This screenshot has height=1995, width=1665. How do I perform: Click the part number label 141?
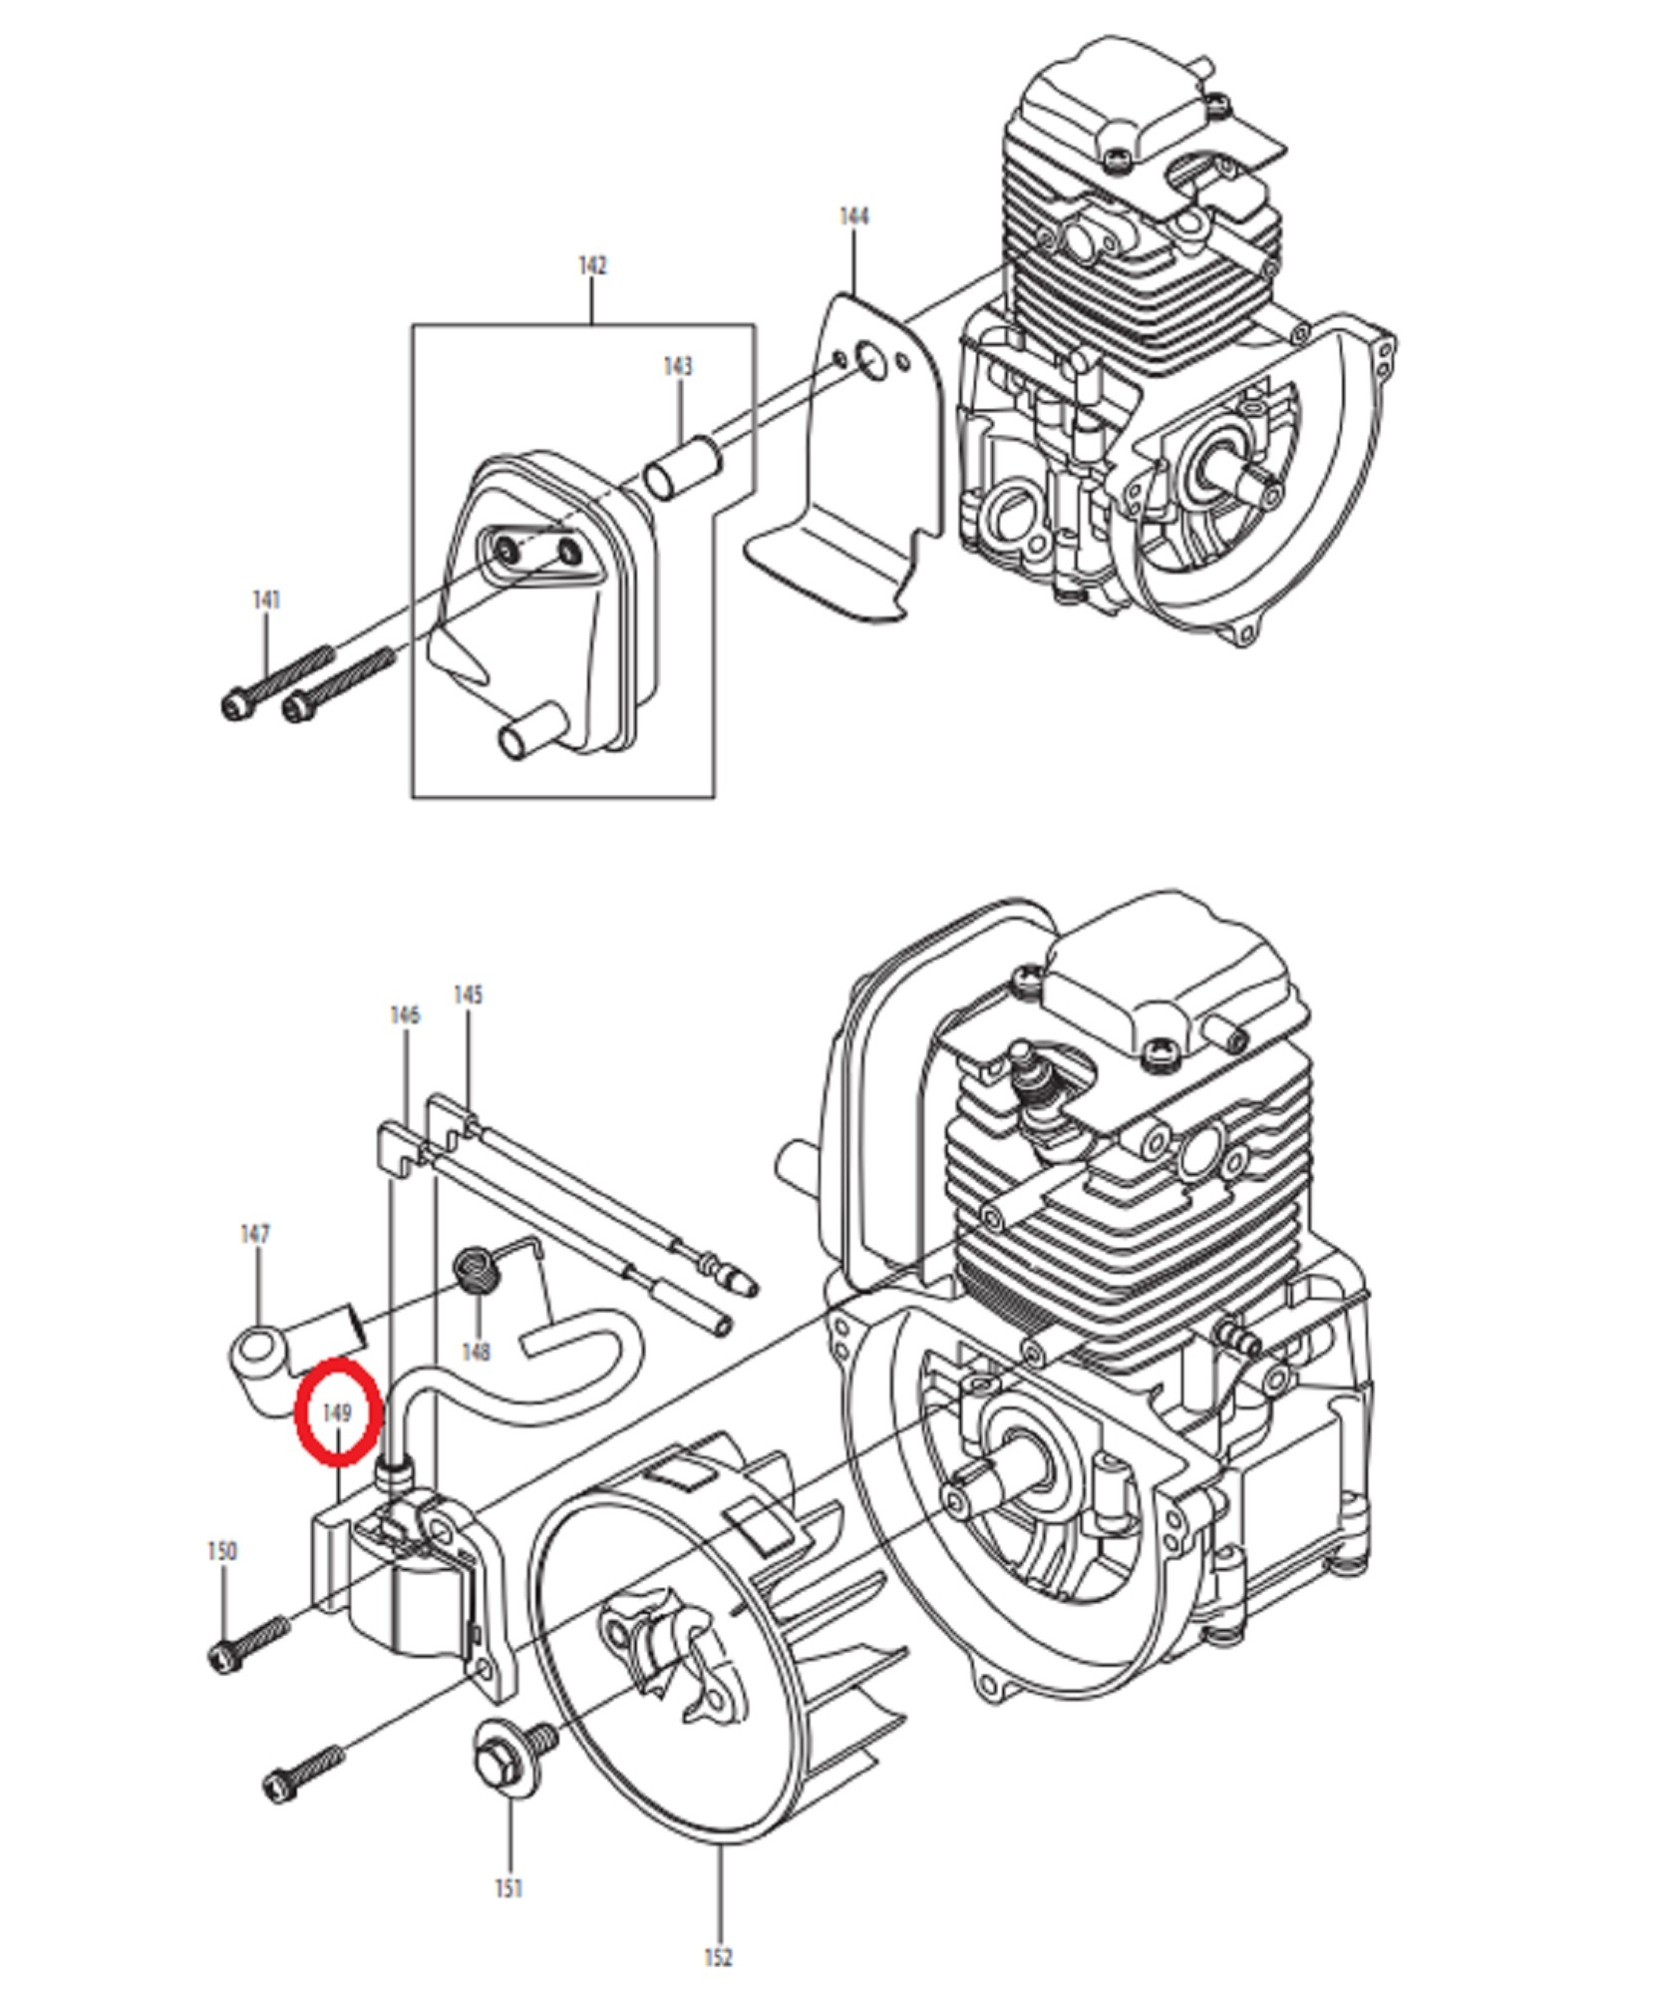pyautogui.click(x=266, y=599)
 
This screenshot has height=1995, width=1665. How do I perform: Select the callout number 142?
pyautogui.click(x=592, y=265)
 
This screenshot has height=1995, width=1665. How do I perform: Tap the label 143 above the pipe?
pyautogui.click(x=678, y=366)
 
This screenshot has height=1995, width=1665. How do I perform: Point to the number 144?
pyautogui.click(x=854, y=216)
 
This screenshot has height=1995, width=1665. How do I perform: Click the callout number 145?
pyautogui.click(x=468, y=995)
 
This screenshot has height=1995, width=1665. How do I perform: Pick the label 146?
pyautogui.click(x=405, y=1014)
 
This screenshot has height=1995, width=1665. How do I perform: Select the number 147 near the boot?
pyautogui.click(x=255, y=1234)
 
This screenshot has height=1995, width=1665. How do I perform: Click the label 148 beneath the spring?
pyautogui.click(x=476, y=1352)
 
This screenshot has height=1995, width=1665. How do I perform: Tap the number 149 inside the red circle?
pyautogui.click(x=338, y=1413)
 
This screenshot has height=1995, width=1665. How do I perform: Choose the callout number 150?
pyautogui.click(x=222, y=1551)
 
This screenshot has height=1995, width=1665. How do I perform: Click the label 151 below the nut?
pyautogui.click(x=509, y=1888)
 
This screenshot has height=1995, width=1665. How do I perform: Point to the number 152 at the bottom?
pyautogui.click(x=718, y=1958)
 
